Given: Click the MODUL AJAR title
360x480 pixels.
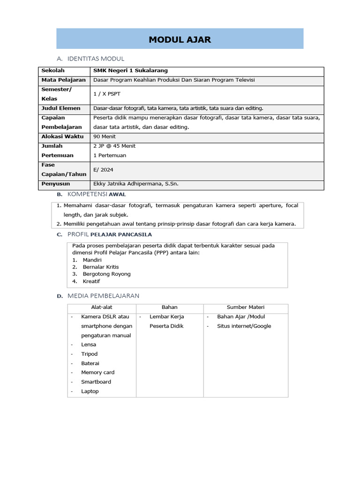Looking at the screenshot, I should [x=180, y=40].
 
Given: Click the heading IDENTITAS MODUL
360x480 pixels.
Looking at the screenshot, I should [x=96, y=59].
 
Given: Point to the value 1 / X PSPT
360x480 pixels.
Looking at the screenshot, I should [x=107, y=94].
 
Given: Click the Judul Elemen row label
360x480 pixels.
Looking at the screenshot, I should [x=61, y=108].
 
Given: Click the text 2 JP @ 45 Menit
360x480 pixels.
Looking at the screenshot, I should [x=114, y=146].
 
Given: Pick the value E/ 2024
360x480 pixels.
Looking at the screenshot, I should [x=104, y=169].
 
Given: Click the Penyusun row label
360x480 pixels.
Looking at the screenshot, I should [x=56, y=184].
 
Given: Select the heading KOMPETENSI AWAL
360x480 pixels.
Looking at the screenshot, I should [x=97, y=194].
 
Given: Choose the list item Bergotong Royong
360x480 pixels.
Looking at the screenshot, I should [x=106, y=274].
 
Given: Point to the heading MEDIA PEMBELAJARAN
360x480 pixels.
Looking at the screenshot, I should [x=103, y=296].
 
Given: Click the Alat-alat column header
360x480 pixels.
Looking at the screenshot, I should [x=102, y=307].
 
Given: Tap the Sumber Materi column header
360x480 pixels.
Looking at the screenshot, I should [x=246, y=307].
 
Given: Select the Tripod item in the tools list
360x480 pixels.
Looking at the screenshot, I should [x=89, y=354].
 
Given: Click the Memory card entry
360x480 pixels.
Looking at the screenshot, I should [x=97, y=372].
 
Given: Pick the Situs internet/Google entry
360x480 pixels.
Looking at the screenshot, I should [x=244, y=326].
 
